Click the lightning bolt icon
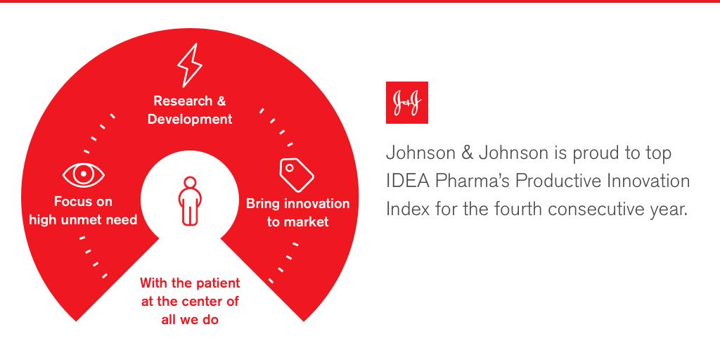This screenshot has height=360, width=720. [189, 65]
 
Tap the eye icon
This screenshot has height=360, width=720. [84, 174]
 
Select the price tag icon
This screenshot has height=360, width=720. [296, 174]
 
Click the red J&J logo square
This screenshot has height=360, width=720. [406, 103]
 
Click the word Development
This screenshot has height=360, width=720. [189, 120]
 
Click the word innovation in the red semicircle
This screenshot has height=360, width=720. [314, 204]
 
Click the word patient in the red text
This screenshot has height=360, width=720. [214, 283]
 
